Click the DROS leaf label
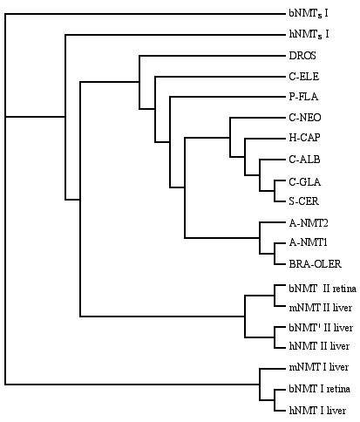click(302, 56)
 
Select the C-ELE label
click(303, 77)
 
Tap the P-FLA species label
click(303, 97)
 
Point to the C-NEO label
click(305, 118)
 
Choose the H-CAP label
click(304, 138)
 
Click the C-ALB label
click(304, 160)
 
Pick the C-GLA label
click(305, 182)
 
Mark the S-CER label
click(303, 201)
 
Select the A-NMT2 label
click(309, 223)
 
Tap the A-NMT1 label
click(308, 242)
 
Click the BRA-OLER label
click(315, 264)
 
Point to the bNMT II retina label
click(323, 289)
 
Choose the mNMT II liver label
click(320, 308)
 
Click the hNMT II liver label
click(319, 346)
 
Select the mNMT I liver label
click(318, 367)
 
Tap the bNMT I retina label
click(319, 389)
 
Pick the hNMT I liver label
click(317, 411)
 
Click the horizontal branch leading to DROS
click(213, 56)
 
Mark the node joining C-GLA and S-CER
click(275, 191)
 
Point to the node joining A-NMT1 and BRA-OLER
click(275, 254)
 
